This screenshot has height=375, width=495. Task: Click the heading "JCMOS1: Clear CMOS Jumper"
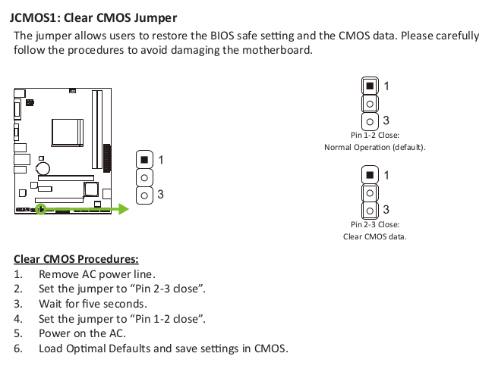click(93, 18)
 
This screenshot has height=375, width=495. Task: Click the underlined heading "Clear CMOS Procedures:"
click(76, 259)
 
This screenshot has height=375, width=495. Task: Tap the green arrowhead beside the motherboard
click(124, 209)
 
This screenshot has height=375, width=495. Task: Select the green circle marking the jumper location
click(41, 209)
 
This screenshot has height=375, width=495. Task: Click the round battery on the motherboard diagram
click(43, 168)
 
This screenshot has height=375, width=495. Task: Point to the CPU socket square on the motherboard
click(68, 133)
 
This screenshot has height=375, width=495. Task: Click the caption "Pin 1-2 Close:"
click(375, 135)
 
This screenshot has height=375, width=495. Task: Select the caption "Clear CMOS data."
click(375, 236)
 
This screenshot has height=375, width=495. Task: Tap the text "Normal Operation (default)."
click(375, 147)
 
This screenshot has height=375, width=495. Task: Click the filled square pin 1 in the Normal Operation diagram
click(370, 86)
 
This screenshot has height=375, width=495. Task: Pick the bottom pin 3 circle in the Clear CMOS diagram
click(370, 211)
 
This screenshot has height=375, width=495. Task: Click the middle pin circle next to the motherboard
click(144, 178)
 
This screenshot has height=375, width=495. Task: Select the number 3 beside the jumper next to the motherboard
click(160, 195)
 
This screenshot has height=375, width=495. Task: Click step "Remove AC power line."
click(97, 274)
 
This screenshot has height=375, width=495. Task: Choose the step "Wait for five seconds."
click(93, 304)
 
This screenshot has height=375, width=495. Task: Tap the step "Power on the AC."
click(82, 333)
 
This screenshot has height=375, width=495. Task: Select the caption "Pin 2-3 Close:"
click(375, 224)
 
